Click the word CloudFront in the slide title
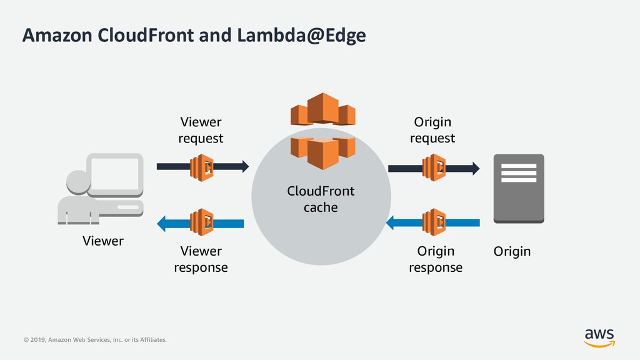[x=146, y=35]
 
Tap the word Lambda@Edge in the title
[x=301, y=36]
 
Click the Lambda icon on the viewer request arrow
[x=202, y=167]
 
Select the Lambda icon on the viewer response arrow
[x=202, y=222]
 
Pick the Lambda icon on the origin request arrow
[x=434, y=167]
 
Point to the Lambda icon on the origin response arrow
[x=434, y=222]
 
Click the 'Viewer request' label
[x=201, y=130]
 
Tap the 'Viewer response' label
[x=201, y=259]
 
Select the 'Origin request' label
[x=432, y=130]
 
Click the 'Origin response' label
[x=436, y=259]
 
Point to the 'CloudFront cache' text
[x=321, y=199]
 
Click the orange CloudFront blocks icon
[x=323, y=131]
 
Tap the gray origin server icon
[x=519, y=189]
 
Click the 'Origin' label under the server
[x=512, y=251]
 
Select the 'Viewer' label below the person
[x=103, y=241]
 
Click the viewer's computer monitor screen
[x=115, y=174]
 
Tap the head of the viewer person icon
[x=78, y=182]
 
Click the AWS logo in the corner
[x=599, y=338]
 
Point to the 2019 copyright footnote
[x=95, y=339]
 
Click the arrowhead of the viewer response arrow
[x=162, y=224]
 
